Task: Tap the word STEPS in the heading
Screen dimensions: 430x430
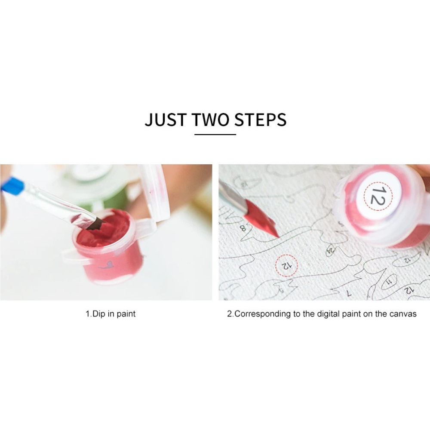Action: coord(261,120)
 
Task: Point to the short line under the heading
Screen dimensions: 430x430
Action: coord(215,134)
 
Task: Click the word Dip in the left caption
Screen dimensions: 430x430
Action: coord(99,314)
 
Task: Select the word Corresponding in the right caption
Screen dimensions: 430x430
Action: coord(263,314)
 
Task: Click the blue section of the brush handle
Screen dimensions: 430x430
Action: coord(12,184)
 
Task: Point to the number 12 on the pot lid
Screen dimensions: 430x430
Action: coord(378,196)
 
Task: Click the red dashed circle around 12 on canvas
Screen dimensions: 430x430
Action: coord(286,265)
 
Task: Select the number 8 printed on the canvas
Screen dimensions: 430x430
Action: coord(243,227)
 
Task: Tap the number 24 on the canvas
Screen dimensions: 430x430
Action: coord(331,250)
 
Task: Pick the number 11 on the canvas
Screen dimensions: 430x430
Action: coord(389,282)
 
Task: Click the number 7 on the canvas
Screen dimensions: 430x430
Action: coord(349,294)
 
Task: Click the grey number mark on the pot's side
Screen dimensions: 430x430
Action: coord(106,265)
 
